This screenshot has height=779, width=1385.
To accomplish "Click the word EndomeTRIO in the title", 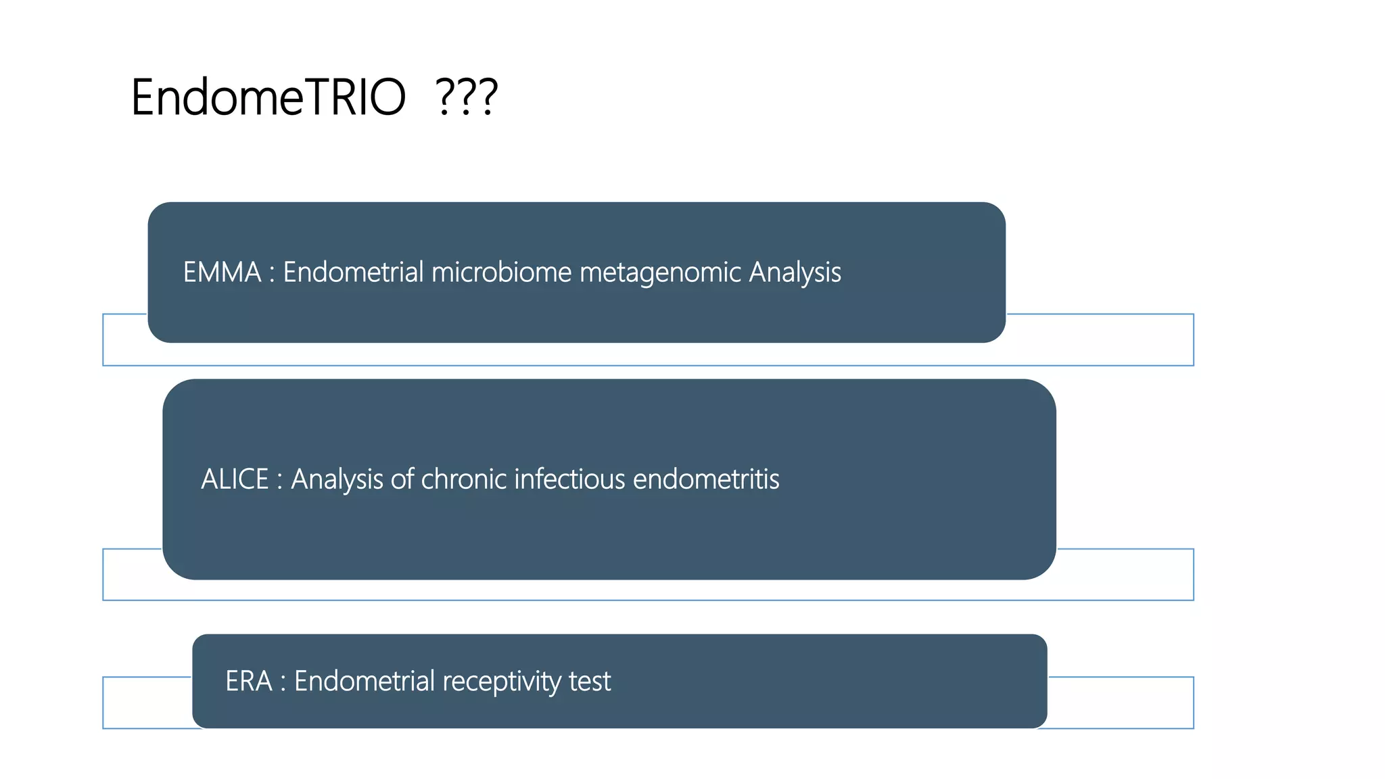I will (268, 97).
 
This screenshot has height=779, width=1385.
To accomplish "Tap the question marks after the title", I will (467, 97).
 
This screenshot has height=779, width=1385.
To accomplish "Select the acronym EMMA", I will (222, 273).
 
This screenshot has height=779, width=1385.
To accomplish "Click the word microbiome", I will (502, 273).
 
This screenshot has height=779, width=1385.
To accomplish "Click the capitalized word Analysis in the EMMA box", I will (795, 273).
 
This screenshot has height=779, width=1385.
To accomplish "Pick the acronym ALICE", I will (235, 479).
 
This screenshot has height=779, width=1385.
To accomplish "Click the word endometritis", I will (706, 479).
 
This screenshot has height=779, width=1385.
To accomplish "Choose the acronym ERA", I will (248, 681).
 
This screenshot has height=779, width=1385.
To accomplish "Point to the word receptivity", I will (501, 682).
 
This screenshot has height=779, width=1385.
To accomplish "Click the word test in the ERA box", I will (590, 681).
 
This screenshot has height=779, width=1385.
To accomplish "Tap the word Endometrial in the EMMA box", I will (353, 273).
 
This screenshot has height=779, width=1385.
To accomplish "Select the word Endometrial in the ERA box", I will (365, 681).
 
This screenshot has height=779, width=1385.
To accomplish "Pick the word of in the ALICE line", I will (402, 479).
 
